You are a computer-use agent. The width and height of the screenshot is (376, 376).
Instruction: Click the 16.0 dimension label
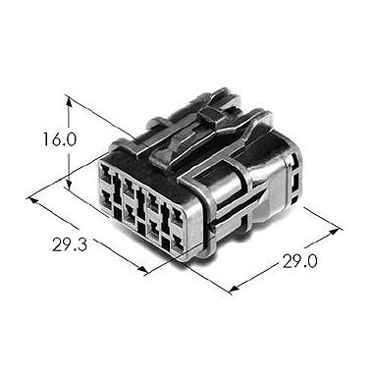point(59,139)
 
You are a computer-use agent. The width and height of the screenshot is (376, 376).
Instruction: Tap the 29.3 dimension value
point(70,244)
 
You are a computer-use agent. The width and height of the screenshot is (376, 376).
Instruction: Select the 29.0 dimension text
point(299,261)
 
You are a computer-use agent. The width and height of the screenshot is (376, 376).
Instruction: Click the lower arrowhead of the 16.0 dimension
point(69,184)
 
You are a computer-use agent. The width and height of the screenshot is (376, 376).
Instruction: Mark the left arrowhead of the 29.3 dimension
point(33,200)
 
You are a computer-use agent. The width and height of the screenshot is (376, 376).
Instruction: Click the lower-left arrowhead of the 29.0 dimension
point(235,288)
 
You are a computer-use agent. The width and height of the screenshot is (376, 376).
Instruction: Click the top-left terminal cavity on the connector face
point(106,173)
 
